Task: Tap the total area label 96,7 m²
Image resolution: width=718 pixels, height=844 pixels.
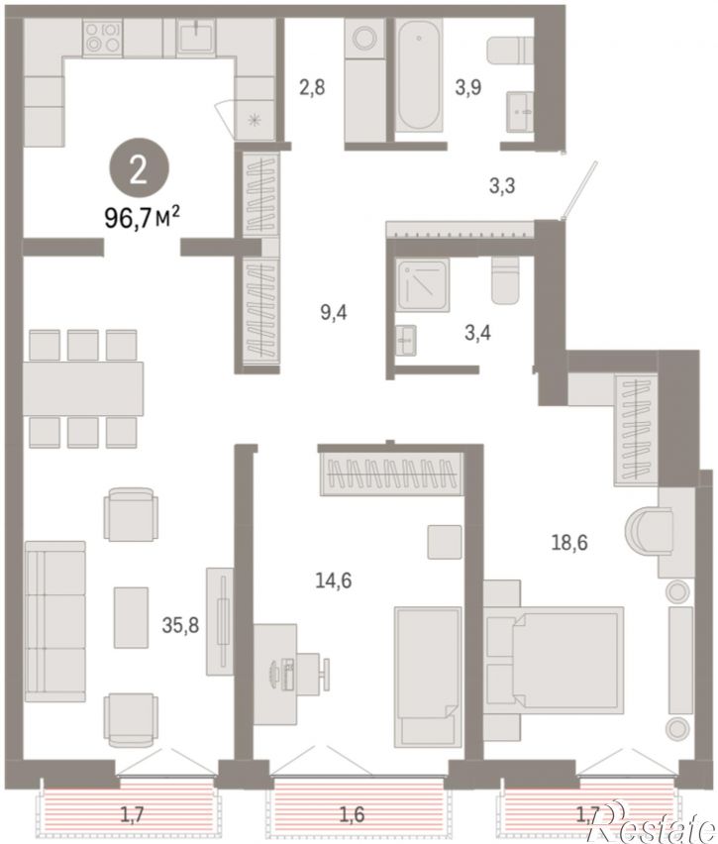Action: [142, 220]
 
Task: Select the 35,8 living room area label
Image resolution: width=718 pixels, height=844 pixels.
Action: [180, 625]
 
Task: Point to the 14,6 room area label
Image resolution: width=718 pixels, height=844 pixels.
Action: [334, 580]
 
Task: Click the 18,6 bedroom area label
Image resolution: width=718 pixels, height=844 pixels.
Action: [569, 543]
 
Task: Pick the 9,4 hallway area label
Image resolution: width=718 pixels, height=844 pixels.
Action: [334, 312]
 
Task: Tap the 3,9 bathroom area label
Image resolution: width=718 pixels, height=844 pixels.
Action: [468, 86]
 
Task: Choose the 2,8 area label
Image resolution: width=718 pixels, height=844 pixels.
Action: [312, 86]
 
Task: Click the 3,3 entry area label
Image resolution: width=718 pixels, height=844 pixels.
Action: [502, 185]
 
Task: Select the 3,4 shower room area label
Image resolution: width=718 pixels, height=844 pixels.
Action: [478, 333]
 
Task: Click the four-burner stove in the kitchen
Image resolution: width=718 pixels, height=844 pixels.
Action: [102, 37]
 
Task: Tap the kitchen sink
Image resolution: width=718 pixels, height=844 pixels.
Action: [197, 36]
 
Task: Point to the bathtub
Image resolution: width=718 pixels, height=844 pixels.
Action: [419, 75]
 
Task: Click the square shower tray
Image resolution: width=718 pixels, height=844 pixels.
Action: [423, 285]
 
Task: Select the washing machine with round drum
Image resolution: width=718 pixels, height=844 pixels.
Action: [364, 39]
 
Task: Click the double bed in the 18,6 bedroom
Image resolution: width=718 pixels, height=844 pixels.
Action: [554, 661]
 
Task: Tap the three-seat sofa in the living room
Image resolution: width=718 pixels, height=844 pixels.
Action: [54, 621]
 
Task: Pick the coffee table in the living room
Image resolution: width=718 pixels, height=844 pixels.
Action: [131, 617]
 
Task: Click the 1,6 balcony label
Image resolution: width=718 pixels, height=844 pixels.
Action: [353, 814]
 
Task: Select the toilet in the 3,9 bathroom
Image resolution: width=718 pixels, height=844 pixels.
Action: [510, 51]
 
